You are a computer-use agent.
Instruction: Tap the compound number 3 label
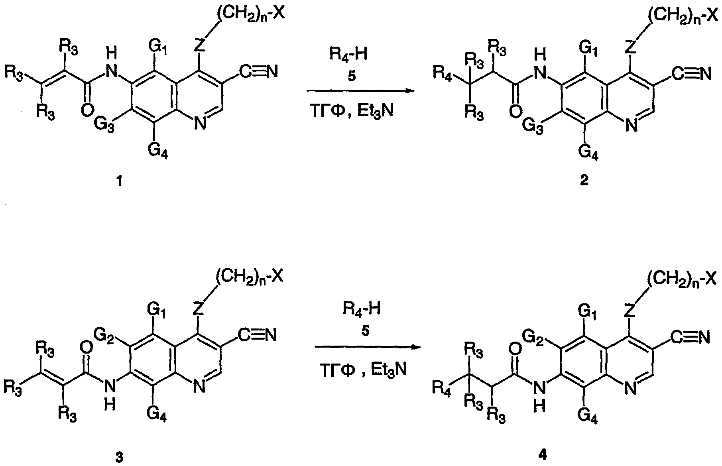119,457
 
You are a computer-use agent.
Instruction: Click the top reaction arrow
359,91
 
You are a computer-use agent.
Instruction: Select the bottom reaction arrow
368,347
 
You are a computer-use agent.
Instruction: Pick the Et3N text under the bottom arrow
389,370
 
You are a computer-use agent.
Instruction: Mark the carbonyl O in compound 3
87,348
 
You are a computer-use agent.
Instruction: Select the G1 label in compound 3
157,309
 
